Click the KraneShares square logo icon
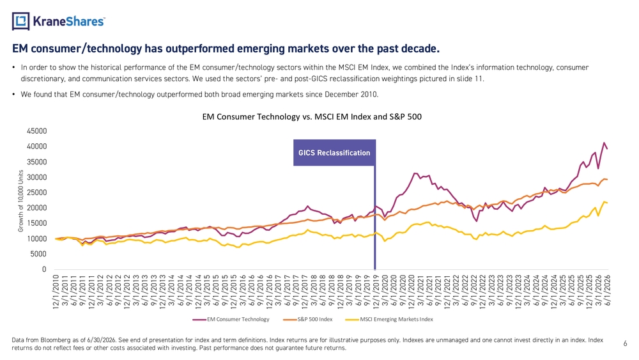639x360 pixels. [x=21, y=21]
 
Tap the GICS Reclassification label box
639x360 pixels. [x=334, y=153]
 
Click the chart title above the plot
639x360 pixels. [x=312, y=117]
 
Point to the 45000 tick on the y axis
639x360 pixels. [x=37, y=131]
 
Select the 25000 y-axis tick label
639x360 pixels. [x=37, y=192]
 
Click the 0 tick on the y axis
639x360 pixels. [x=45, y=269]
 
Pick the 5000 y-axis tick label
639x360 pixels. [x=39, y=254]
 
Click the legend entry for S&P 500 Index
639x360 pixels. [x=308, y=319]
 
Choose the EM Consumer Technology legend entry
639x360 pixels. [x=231, y=319]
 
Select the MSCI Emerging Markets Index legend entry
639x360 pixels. [x=389, y=319]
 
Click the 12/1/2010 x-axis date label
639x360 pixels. [x=56, y=291]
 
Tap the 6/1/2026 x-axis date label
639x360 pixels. [x=607, y=290]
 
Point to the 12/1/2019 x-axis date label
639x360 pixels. [x=376, y=291]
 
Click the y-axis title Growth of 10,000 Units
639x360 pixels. [x=21, y=201]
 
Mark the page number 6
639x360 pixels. [x=625, y=343]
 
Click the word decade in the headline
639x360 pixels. [x=420, y=49]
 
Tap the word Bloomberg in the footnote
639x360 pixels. [x=55, y=340]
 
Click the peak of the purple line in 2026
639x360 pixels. [x=604, y=143]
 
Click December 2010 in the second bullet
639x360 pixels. [x=351, y=95]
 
